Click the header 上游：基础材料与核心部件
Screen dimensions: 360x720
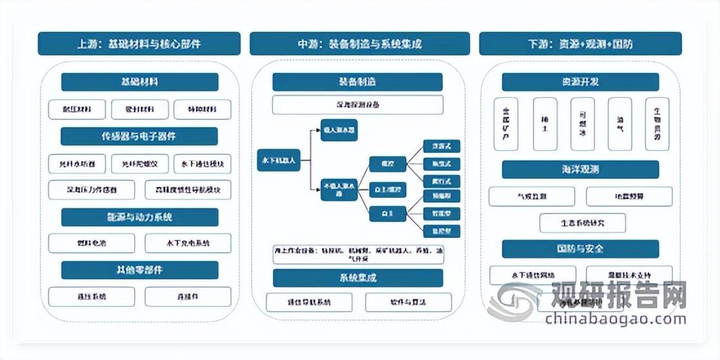click(x=139, y=44)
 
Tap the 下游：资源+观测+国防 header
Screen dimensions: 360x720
click(x=580, y=44)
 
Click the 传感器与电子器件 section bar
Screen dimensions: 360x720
click(x=139, y=136)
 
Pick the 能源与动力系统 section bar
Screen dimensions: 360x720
click(x=139, y=217)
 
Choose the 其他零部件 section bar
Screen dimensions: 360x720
click(x=139, y=270)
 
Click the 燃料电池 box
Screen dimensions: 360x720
click(x=92, y=243)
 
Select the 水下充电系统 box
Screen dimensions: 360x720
click(x=188, y=243)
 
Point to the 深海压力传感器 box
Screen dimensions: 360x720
click(x=92, y=190)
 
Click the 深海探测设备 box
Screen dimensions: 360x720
click(x=357, y=105)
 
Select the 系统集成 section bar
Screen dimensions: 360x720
click(x=357, y=278)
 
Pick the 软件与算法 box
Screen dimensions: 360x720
click(x=404, y=302)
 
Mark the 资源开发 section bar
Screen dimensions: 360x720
click(x=580, y=82)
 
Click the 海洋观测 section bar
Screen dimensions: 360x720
click(x=580, y=169)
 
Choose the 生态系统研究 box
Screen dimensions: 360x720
click(x=583, y=223)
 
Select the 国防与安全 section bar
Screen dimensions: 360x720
click(x=580, y=248)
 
